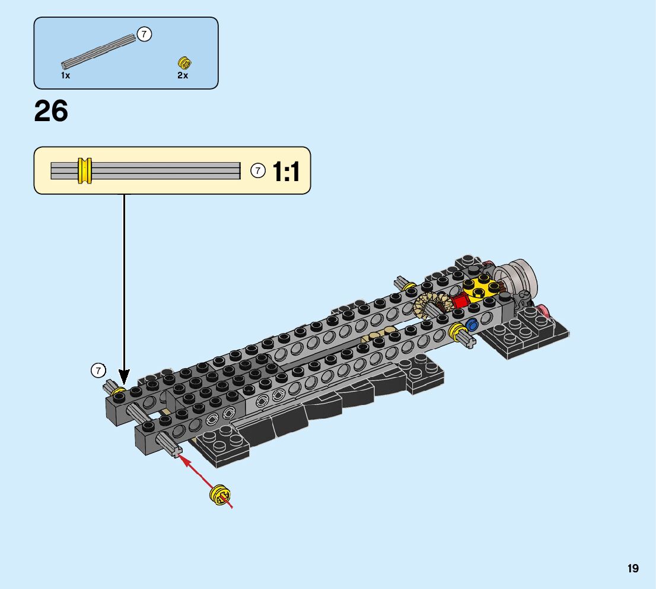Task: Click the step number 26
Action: [50, 112]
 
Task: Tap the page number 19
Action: [632, 568]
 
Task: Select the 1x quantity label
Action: [66, 75]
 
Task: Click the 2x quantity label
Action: [183, 75]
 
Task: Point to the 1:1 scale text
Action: [286, 172]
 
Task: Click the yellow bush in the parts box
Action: [184, 64]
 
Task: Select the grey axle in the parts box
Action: [99, 52]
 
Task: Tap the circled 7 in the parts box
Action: [144, 34]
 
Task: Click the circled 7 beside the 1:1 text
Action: [258, 170]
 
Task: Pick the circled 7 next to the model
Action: [98, 370]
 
